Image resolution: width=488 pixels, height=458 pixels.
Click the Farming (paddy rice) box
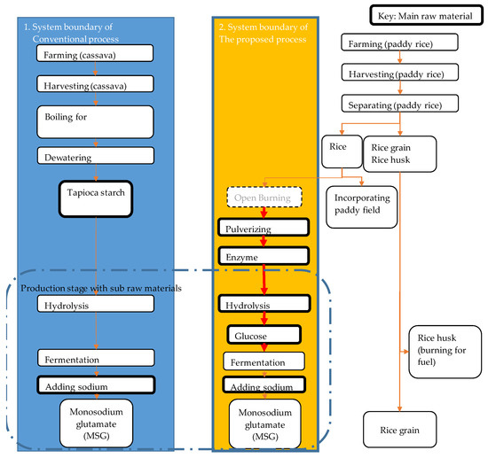[x=398, y=43]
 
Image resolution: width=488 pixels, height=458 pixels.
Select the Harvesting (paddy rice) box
[x=398, y=74]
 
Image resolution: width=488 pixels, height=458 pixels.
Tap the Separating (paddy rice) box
[x=398, y=105]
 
